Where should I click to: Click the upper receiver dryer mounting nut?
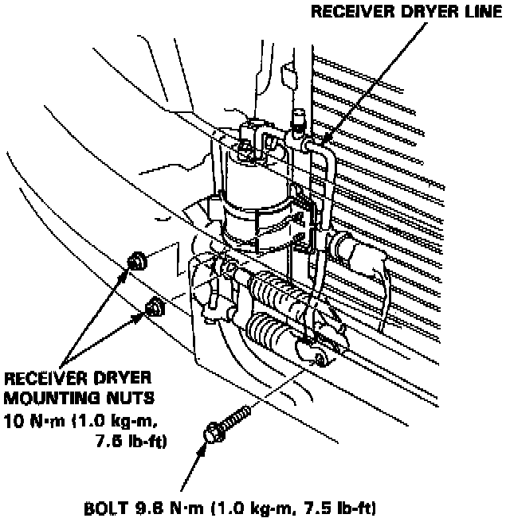point(136,260)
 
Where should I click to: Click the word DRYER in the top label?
point(422,12)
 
